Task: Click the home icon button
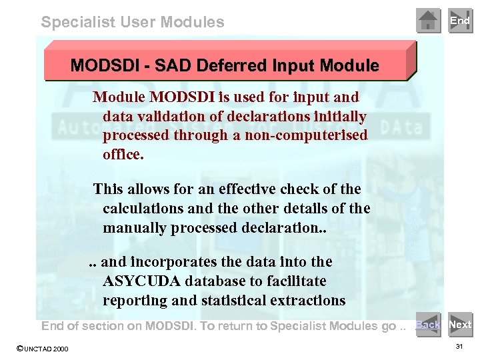click(x=429, y=21)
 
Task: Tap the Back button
click(x=428, y=325)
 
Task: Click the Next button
click(x=460, y=325)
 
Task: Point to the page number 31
click(x=459, y=347)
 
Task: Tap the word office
click(x=123, y=154)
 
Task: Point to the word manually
click(x=134, y=227)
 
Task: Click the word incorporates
click(x=171, y=262)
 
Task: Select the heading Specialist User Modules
click(x=133, y=22)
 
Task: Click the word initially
click(x=334, y=117)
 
